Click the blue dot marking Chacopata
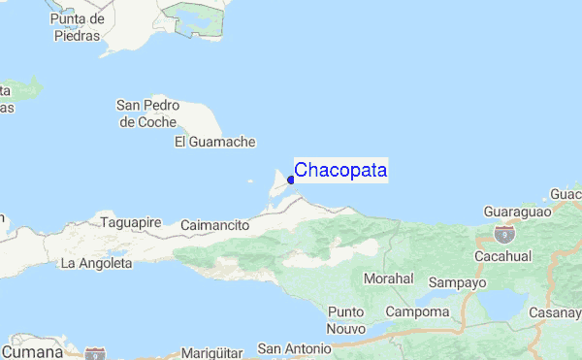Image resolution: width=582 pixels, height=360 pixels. tap(291, 180)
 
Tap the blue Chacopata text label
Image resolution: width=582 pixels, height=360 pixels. tap(340, 171)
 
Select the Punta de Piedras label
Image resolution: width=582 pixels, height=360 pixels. tap(78, 28)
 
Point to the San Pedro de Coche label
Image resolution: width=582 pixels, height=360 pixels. tap(146, 114)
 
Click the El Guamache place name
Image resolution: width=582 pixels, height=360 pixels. tap(214, 142)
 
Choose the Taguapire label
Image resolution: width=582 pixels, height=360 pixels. tap(131, 222)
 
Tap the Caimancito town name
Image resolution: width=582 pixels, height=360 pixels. tap(215, 225)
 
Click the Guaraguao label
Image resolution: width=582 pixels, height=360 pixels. tap(517, 211)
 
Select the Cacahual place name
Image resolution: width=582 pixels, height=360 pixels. tap(503, 255)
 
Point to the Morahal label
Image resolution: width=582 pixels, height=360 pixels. tap(388, 278)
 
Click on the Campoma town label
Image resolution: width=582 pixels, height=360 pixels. tap(417, 311)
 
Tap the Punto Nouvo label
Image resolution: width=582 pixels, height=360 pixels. tap(345, 320)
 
